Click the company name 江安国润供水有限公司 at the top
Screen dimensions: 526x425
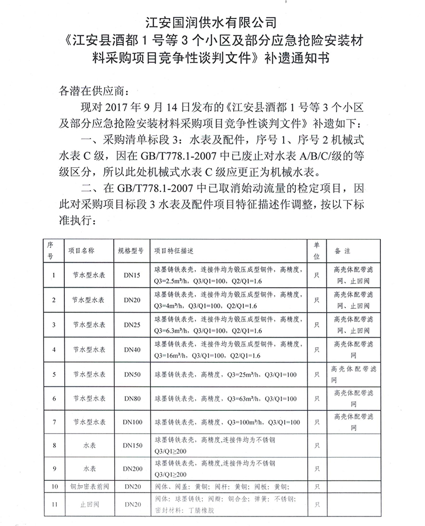pos(212,22)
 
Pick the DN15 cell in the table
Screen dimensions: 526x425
pos(132,275)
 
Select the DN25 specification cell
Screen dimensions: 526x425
pos(132,325)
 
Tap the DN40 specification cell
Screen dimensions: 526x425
pos(132,350)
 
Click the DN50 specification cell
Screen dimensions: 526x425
pos(132,374)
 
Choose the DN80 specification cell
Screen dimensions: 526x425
pos(132,398)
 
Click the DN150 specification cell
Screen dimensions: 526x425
pos(132,445)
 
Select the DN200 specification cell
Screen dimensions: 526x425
pos(132,469)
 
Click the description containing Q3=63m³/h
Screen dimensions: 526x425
pos(225,398)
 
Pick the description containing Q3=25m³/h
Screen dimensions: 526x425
pos(225,374)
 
